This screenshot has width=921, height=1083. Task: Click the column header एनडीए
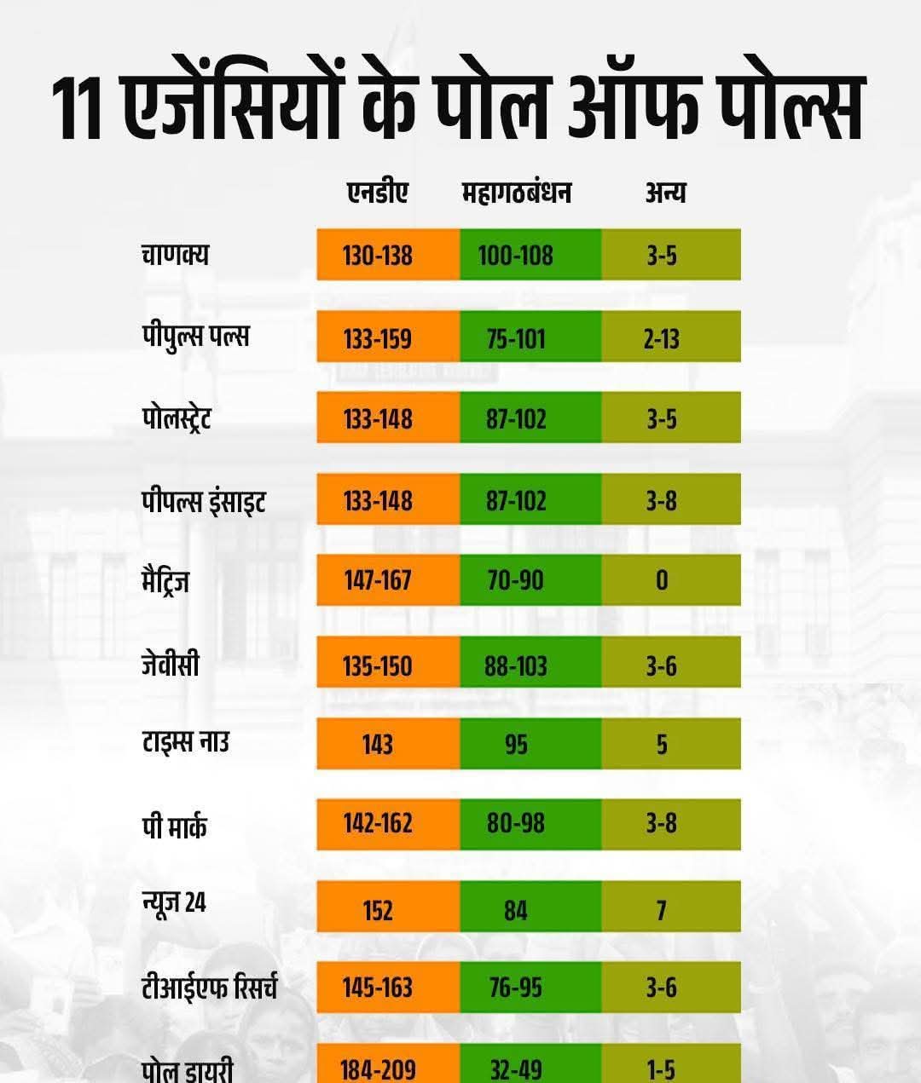(x=377, y=193)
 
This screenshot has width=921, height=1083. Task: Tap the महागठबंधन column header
(x=516, y=193)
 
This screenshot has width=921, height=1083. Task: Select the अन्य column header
(x=665, y=193)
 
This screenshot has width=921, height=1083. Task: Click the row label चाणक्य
(x=176, y=254)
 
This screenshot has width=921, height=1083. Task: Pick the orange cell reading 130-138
(x=378, y=255)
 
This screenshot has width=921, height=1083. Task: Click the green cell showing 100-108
(x=516, y=255)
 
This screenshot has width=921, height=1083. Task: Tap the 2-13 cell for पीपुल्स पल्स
(x=662, y=338)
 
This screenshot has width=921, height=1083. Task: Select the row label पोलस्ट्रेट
(x=177, y=418)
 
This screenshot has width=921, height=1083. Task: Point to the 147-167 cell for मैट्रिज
(x=378, y=580)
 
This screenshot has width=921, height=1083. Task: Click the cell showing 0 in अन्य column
(x=662, y=580)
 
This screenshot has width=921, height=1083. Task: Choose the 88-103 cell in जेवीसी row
(x=516, y=665)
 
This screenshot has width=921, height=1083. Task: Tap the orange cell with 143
(x=378, y=744)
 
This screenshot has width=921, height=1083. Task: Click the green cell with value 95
(x=516, y=744)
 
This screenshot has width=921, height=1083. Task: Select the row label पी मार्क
(x=174, y=826)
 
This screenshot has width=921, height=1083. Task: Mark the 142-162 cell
(x=378, y=824)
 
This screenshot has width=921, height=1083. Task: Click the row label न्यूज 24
(x=174, y=903)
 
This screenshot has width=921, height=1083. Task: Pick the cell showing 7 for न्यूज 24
(x=662, y=910)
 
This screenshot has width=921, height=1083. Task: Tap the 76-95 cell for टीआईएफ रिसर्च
(x=516, y=988)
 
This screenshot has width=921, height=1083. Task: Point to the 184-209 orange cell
(x=378, y=1069)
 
